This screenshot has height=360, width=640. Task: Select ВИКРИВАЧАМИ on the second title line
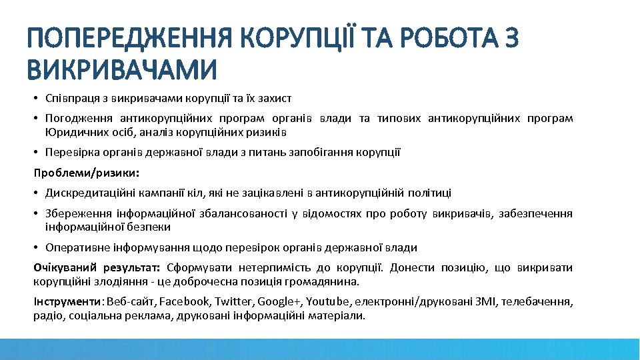coord(122,69)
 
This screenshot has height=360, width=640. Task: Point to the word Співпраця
coord(67,99)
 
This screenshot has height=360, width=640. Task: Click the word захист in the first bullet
coord(276,99)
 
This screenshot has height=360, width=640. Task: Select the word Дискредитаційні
coord(86,193)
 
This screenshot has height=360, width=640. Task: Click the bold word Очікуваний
coord(63,268)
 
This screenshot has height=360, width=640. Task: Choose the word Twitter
coord(232,301)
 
